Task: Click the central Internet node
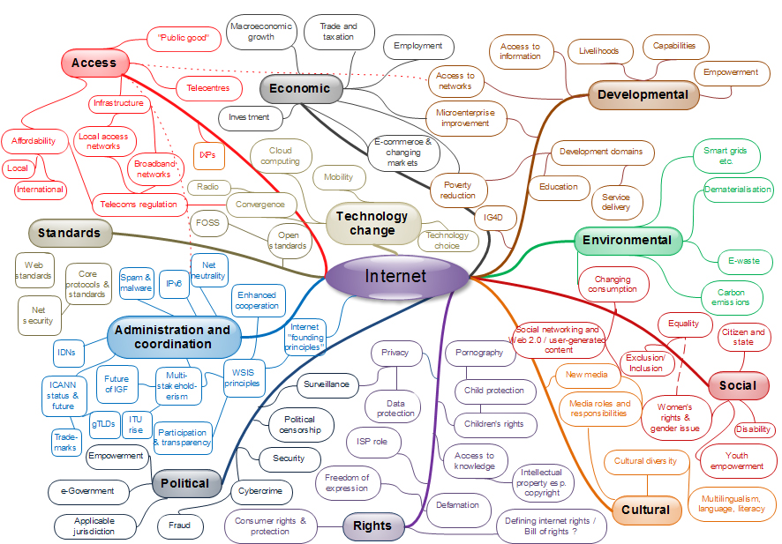(396, 276)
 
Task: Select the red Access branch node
(94, 63)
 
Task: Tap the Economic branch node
(300, 88)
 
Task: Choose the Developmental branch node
(643, 94)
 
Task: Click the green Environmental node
(628, 240)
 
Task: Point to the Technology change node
(372, 223)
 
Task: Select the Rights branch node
(372, 525)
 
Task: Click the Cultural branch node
(645, 510)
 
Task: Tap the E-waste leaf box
(732, 261)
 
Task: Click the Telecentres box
(209, 88)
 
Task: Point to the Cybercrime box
(260, 490)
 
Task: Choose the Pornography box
(479, 353)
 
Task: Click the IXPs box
(207, 155)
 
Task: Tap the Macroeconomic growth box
(260, 32)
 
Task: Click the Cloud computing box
(281, 156)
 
